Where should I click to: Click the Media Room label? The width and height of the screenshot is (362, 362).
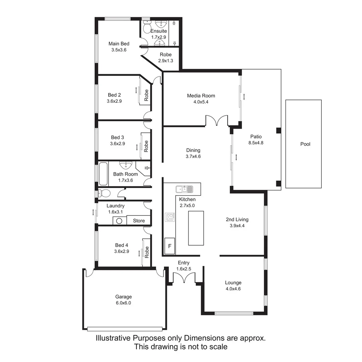[201, 96]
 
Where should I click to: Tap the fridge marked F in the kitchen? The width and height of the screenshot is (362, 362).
[170, 246]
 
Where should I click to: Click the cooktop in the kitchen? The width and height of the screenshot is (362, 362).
[170, 217]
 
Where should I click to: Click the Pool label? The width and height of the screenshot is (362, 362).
[305, 144]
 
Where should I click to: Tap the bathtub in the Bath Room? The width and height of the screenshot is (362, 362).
[103, 174]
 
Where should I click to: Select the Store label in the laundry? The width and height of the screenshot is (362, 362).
[139, 221]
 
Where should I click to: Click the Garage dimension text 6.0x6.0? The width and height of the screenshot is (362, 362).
[123, 303]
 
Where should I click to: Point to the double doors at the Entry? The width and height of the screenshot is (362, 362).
[184, 278]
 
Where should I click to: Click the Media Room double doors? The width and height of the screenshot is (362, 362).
[217, 121]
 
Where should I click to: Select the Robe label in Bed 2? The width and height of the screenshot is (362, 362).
[146, 96]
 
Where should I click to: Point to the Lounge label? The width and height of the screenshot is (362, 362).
[233, 283]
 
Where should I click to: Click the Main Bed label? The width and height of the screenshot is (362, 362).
[119, 44]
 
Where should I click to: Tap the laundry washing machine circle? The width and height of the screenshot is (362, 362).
[119, 221]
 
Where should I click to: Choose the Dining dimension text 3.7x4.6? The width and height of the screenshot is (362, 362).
[193, 156]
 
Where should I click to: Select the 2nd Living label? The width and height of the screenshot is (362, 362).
[237, 220]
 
